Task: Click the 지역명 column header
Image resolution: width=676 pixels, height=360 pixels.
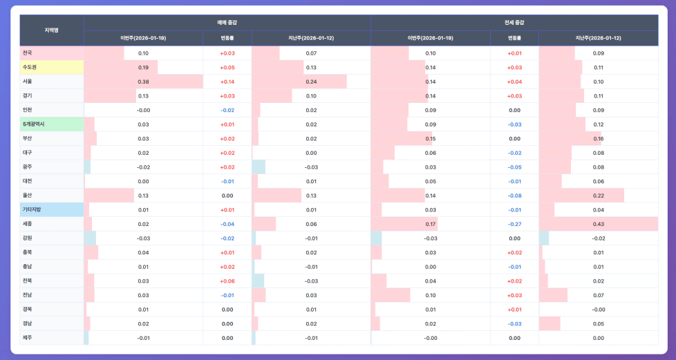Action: pyautogui.click(x=52, y=30)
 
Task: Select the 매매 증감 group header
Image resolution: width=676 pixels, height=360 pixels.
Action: pyautogui.click(x=227, y=23)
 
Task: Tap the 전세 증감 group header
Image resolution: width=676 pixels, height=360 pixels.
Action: pyautogui.click(x=514, y=23)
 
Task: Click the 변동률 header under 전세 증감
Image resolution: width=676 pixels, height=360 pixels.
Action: pyautogui.click(x=514, y=37)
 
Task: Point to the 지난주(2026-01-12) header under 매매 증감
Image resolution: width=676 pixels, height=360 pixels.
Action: pyautogui.click(x=311, y=37)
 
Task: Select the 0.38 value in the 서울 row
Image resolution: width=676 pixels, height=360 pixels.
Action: pyautogui.click(x=143, y=82)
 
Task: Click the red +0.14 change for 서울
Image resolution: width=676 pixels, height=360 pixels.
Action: pyautogui.click(x=227, y=82)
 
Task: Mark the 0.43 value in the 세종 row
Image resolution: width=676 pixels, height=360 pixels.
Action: pyautogui.click(x=598, y=224)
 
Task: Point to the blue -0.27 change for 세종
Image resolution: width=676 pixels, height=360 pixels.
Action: pyautogui.click(x=514, y=224)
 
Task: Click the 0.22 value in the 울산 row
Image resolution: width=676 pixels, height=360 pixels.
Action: pyautogui.click(x=598, y=196)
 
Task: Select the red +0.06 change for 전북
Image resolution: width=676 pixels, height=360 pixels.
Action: pyautogui.click(x=227, y=281)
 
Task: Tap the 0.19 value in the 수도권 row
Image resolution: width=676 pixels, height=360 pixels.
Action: pyautogui.click(x=143, y=67)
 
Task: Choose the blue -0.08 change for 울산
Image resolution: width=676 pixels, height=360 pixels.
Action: pyautogui.click(x=514, y=196)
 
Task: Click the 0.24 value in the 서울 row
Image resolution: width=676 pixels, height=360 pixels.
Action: pyautogui.click(x=311, y=82)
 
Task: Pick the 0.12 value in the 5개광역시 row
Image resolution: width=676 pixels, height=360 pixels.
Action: pyautogui.click(x=598, y=124)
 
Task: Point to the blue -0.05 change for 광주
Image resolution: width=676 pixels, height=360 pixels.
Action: pyautogui.click(x=514, y=167)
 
